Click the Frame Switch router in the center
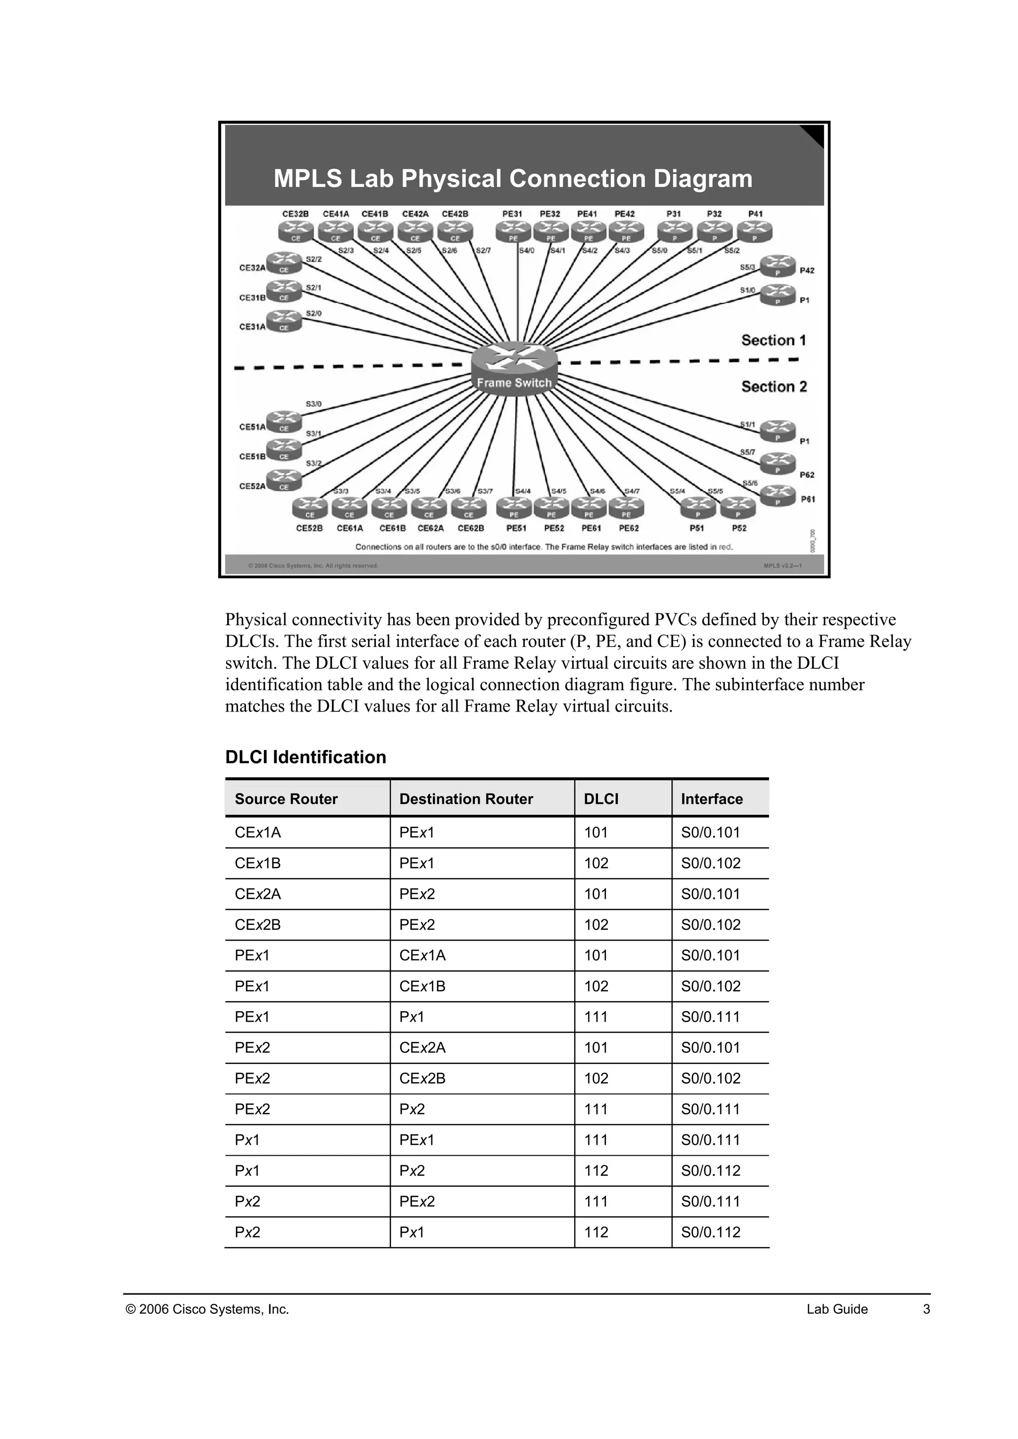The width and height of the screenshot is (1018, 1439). tap(514, 367)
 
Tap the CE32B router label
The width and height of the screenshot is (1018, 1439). tap(295, 214)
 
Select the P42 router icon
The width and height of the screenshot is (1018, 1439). tap(777, 265)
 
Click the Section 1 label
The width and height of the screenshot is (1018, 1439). tap(773, 340)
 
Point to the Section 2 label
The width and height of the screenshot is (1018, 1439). tap(774, 387)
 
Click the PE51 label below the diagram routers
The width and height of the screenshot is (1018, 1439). tap(516, 528)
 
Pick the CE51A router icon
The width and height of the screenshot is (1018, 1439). tap(284, 421)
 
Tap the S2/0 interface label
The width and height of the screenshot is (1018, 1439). tap(314, 313)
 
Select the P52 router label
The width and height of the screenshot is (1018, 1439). tap(739, 528)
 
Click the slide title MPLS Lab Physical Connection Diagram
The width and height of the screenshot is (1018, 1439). tap(513, 178)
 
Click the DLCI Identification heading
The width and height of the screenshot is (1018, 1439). tap(305, 757)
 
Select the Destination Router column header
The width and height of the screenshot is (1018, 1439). tap(466, 799)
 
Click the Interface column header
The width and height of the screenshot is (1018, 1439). tap(711, 799)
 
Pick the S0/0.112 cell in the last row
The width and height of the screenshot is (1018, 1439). tap(710, 1233)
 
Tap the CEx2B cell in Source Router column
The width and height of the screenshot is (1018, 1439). tap(257, 925)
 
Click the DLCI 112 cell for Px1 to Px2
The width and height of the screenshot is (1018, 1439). tap(595, 1171)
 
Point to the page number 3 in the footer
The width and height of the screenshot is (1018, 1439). tap(927, 1309)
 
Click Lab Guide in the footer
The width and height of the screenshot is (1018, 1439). tap(837, 1309)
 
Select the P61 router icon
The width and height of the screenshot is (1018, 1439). tap(777, 496)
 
